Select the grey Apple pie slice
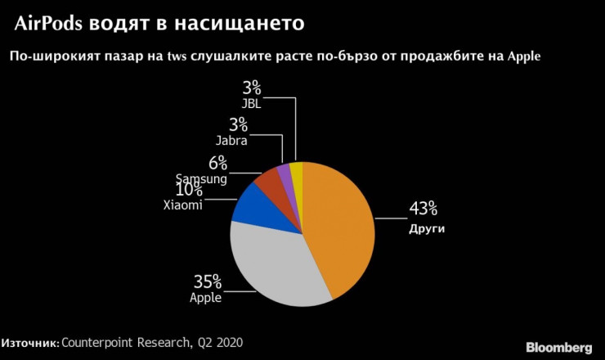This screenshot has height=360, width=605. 274,262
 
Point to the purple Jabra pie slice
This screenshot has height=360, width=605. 285,173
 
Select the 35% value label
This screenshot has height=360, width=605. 207,281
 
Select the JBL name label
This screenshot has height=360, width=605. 250,103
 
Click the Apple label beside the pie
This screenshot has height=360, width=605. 206,298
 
